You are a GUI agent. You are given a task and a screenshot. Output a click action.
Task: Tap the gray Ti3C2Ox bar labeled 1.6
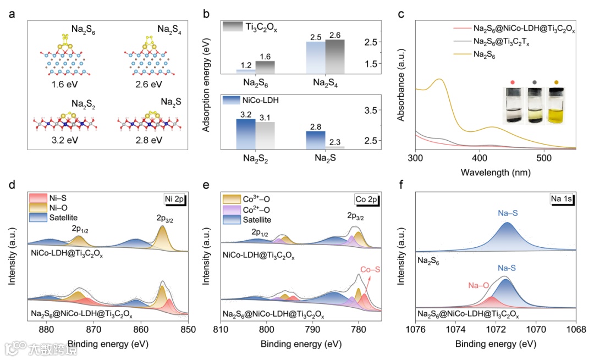[x=265, y=67]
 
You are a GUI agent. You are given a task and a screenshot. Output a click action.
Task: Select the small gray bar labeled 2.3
[x=337, y=147]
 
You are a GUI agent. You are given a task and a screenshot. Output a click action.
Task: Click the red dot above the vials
[x=513, y=82]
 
